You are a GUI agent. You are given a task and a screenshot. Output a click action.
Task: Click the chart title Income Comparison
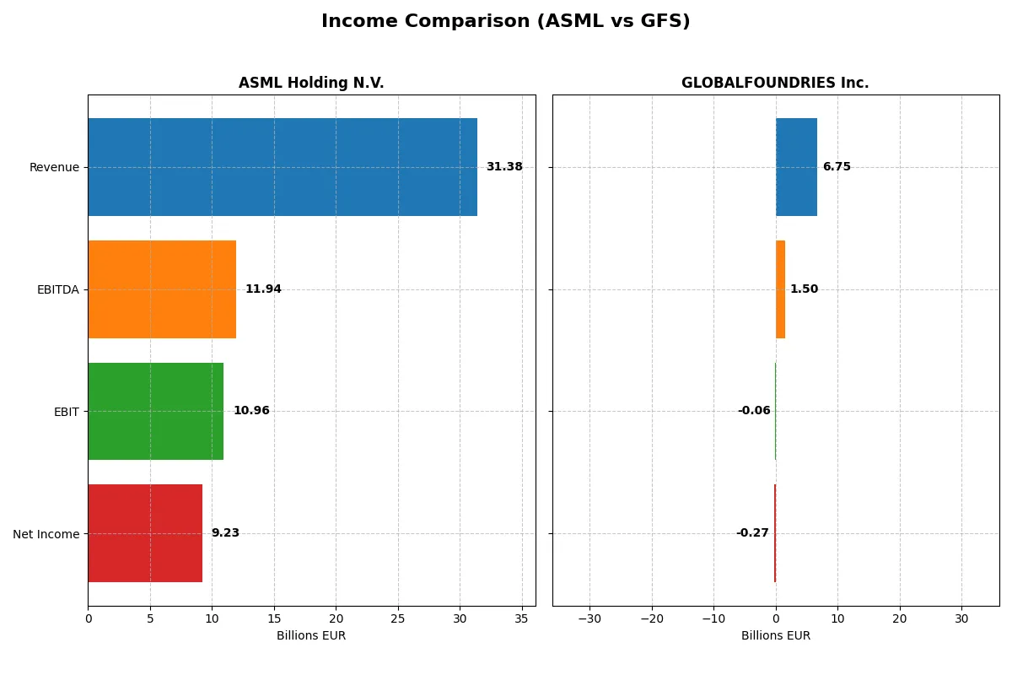click(505, 22)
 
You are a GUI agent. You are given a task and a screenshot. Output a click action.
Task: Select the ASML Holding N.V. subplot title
click(311, 83)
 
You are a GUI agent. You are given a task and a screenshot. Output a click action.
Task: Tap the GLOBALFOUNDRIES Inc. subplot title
click(775, 83)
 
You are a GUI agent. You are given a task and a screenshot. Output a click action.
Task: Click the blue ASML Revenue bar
click(283, 167)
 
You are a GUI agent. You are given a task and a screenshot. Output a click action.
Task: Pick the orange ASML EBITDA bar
click(162, 289)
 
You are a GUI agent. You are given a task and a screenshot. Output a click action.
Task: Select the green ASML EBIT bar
click(156, 411)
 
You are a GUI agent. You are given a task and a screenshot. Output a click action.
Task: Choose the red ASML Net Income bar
click(145, 533)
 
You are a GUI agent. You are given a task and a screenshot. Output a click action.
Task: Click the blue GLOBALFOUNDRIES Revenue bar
click(796, 167)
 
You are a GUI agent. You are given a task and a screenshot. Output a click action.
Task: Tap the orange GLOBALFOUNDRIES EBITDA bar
click(780, 289)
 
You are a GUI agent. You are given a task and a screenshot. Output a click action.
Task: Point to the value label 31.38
click(504, 167)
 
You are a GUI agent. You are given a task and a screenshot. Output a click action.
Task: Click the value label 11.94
click(263, 289)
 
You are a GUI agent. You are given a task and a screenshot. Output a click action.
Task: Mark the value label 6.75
click(837, 167)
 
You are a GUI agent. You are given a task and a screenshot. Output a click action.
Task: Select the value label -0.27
click(752, 533)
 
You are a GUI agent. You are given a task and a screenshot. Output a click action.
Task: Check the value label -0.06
click(754, 411)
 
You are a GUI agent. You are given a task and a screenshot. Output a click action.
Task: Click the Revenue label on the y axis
click(54, 167)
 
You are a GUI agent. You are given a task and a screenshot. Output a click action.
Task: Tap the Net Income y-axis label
click(46, 533)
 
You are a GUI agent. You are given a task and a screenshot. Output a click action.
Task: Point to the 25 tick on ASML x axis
click(398, 618)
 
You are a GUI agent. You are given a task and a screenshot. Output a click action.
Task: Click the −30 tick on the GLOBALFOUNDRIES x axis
click(589, 618)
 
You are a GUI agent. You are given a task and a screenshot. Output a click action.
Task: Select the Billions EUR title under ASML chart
click(311, 636)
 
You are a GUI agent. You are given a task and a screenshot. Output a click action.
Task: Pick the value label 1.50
click(804, 289)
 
